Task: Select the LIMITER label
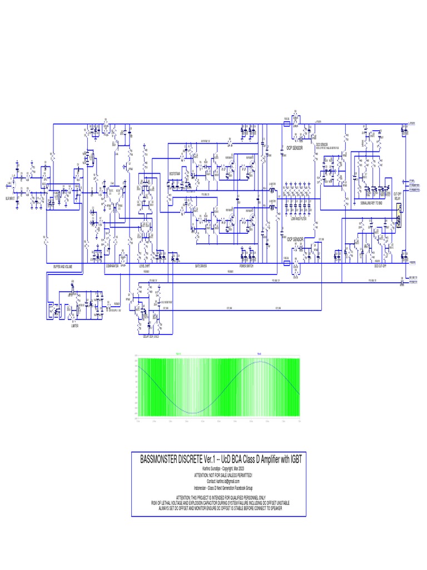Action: point(74,326)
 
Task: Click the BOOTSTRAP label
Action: point(175,173)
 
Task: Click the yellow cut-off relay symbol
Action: point(398,210)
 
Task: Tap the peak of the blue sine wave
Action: point(260,362)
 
